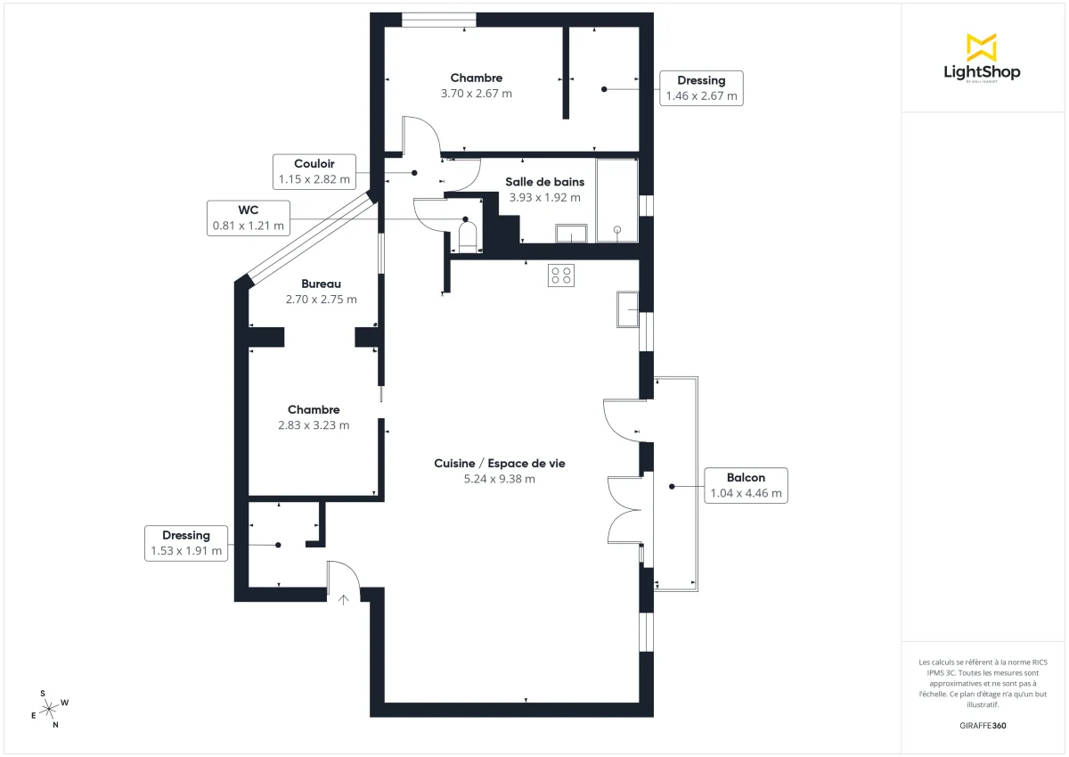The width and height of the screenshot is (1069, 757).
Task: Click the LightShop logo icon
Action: [981, 47]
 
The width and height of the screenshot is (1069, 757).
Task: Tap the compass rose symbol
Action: [50, 708]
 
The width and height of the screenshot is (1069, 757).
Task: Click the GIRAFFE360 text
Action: [982, 725]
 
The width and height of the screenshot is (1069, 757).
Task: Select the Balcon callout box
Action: [746, 485]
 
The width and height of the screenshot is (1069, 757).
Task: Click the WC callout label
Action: [249, 218]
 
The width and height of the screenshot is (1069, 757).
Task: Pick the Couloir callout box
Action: [314, 171]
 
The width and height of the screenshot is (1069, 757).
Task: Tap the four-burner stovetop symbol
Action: [561, 276]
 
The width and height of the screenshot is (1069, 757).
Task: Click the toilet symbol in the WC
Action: [468, 237]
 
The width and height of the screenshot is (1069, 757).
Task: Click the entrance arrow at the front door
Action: [343, 599]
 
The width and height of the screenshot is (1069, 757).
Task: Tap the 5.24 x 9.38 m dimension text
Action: [499, 479]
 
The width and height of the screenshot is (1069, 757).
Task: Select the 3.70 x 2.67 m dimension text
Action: [476, 93]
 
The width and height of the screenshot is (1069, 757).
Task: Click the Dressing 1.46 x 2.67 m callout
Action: [701, 88]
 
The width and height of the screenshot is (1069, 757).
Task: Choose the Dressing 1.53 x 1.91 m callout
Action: [186, 544]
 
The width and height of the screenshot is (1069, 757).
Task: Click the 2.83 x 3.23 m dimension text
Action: [314, 425]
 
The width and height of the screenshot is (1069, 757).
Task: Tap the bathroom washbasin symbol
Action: [570, 234]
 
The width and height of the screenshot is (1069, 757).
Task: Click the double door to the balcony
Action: [624, 510]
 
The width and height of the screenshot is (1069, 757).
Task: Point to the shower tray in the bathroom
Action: [617, 201]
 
